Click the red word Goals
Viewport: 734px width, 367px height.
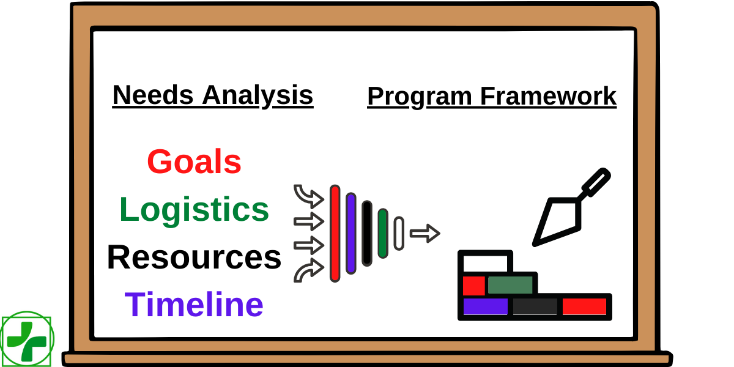click(195, 163)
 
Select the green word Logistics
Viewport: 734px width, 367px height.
click(194, 210)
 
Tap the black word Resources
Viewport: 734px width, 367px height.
click(194, 257)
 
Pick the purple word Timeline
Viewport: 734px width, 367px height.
click(194, 304)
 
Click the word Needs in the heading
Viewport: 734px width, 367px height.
click(153, 95)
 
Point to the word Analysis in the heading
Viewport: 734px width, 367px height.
click(258, 95)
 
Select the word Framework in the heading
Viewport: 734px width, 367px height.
click(548, 97)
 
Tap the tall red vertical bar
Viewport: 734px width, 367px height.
click(335, 233)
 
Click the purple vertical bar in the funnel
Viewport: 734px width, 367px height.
click(350, 233)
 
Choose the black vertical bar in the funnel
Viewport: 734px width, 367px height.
click(367, 233)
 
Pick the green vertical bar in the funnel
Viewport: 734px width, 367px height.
click(383, 233)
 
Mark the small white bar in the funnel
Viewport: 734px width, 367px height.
click(399, 233)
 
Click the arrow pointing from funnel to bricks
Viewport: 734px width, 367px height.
click(424, 233)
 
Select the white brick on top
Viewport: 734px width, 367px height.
click(485, 262)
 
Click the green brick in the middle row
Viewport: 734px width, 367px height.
click(510, 285)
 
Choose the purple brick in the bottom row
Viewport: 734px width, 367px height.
click(485, 306)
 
